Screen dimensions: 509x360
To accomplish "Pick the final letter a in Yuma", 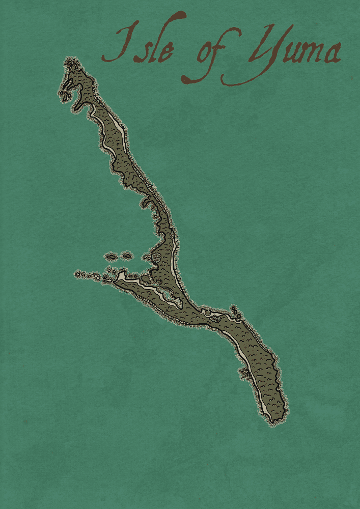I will point(331,54).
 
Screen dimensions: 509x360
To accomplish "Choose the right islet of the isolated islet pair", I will point(127,256).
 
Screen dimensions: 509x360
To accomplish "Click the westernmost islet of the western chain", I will point(78,274).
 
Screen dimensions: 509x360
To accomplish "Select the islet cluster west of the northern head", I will point(65,94).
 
